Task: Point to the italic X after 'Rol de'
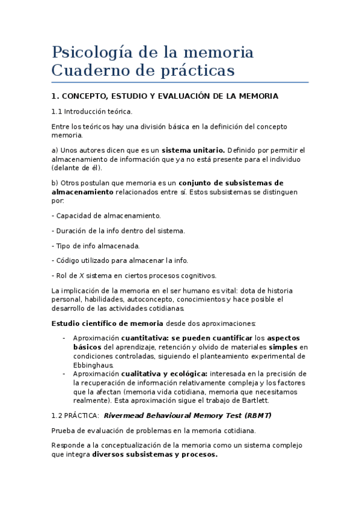click(82, 275)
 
